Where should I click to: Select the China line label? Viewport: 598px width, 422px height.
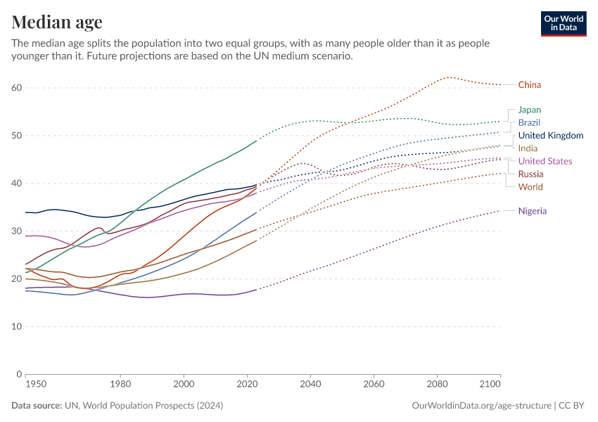tap(529, 85)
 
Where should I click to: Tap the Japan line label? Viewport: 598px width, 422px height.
tap(529, 110)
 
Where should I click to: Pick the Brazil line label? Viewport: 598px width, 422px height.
tap(529, 122)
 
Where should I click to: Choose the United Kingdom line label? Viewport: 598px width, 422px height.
tap(550, 136)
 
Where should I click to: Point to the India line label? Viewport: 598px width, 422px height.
tap(528, 148)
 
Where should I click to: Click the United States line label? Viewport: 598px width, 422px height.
tap(545, 161)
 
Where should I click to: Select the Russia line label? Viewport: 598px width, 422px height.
tap(530, 174)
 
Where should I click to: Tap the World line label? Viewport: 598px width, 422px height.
tap(530, 187)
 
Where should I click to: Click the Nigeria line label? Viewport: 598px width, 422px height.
tap(532, 211)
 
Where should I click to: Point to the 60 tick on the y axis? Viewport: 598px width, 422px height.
tap(16, 88)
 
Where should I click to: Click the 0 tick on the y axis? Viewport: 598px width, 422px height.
tap(19, 374)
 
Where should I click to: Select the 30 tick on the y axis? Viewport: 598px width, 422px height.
tap(16, 231)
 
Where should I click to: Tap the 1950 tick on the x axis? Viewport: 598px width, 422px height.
tap(35, 385)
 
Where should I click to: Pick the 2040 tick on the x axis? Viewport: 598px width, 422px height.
tap(310, 385)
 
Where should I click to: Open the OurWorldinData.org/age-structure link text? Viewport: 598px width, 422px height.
tap(481, 406)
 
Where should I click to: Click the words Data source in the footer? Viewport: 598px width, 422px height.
tap(36, 406)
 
